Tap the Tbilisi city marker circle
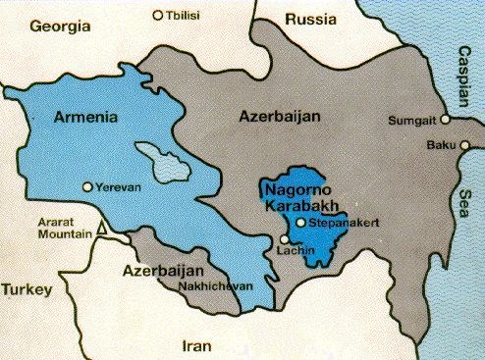159,15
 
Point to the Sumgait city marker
445,119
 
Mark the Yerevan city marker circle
89,186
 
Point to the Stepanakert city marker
301,224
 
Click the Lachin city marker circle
285,239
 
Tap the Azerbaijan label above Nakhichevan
161,269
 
